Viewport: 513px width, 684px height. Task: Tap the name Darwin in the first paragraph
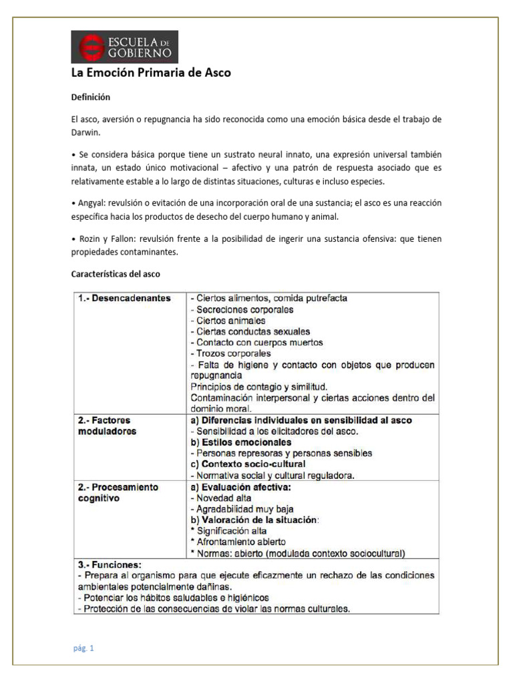(85, 132)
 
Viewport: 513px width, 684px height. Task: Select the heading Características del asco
(116, 274)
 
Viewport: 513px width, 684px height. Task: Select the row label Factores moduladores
(107, 425)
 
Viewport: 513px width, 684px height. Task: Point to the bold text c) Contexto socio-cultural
(248, 464)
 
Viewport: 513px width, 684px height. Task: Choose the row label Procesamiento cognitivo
(116, 492)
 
